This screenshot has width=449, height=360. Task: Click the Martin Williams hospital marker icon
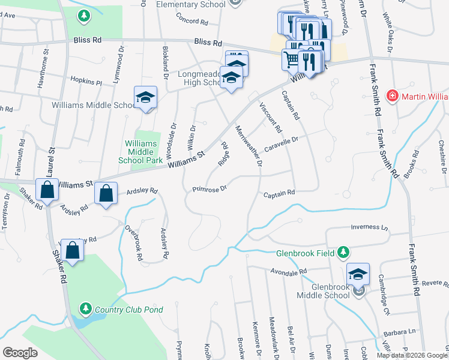coord(392,95)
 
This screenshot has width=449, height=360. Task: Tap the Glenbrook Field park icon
coord(343,252)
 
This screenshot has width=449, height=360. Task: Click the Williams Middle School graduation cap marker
coord(145,98)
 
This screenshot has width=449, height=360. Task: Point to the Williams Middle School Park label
coord(142,152)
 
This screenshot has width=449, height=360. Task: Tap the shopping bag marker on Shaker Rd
coord(71,251)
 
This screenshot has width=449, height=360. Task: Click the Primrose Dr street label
coord(209,189)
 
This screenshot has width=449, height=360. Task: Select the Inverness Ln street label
coord(369,227)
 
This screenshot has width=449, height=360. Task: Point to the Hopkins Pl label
coord(86,81)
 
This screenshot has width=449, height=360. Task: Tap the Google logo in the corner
coord(20,353)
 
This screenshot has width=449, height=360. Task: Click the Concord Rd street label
coord(191,20)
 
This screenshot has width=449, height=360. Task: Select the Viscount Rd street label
coord(270,117)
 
